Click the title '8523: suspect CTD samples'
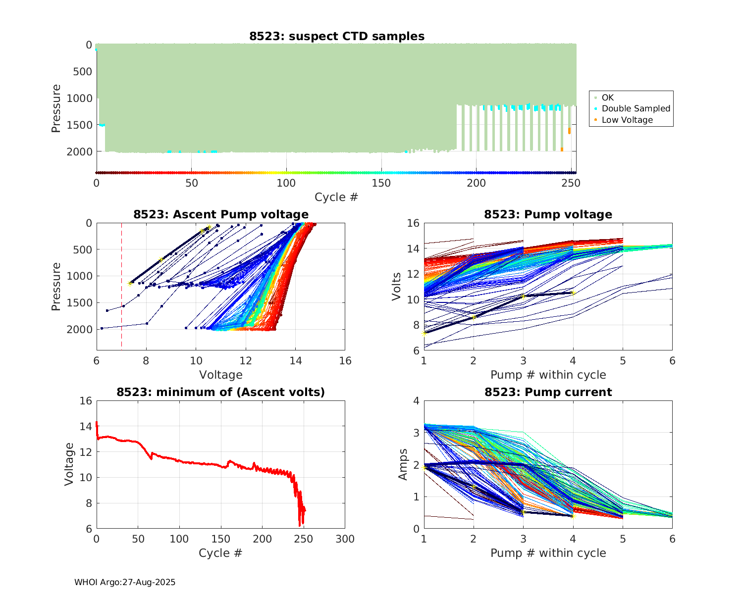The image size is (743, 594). coord(337,36)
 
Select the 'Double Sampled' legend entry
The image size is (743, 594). coord(636,108)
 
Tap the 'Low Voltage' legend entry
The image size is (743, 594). coord(627,120)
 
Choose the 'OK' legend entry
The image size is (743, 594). coord(608,98)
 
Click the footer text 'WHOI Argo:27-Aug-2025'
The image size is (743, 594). coord(125,583)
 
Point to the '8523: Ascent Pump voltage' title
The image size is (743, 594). coord(221,214)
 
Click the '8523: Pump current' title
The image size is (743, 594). coord(548,392)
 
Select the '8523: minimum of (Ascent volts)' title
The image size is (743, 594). coord(221,392)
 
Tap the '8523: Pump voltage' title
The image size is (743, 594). coord(548,214)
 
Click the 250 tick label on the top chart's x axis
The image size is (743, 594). coord(571,183)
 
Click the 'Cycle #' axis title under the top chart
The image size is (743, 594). coord(336,197)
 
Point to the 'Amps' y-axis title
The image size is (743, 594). coord(403,464)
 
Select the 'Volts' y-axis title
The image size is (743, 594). coord(396,287)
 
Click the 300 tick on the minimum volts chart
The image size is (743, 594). coord(345,539)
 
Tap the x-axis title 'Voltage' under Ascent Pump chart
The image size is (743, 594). coord(221,375)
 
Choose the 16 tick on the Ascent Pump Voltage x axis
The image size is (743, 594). coord(345,361)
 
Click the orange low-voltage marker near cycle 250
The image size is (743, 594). coord(569,131)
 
